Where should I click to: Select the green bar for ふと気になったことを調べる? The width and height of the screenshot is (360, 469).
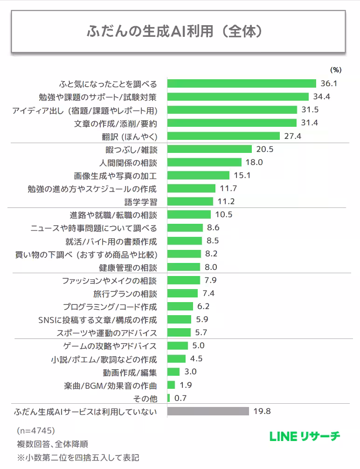point(242,84)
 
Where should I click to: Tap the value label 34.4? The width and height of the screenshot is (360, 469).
point(321,97)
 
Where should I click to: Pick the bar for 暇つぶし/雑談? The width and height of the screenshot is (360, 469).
point(209,150)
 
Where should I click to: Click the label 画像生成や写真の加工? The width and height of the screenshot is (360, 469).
point(115,176)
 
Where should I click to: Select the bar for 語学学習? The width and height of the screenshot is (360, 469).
point(191,202)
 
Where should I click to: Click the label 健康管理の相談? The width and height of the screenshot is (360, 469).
point(128,268)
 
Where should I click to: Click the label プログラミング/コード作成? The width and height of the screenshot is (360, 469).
point(110,307)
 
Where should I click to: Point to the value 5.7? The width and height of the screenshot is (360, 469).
point(201,333)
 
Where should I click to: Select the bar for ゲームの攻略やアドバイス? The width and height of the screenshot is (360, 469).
point(177,346)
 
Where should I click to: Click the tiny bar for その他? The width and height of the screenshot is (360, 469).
point(168,399)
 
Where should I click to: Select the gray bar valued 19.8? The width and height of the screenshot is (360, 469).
point(208,412)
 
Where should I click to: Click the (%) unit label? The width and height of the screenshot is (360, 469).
point(335,70)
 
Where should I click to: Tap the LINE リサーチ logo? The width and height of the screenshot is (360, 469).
point(305,437)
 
